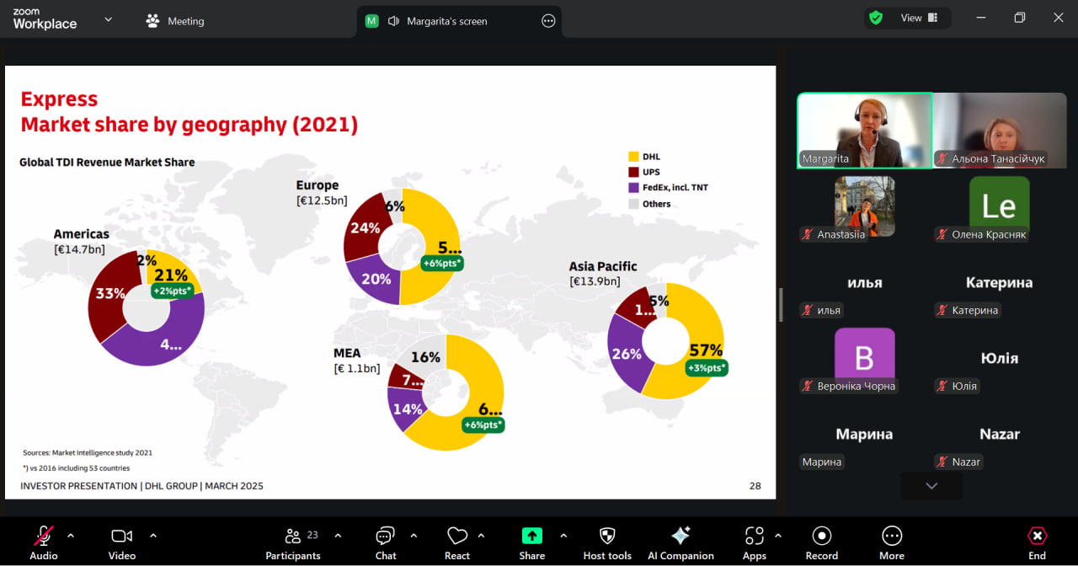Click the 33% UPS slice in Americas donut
pyautogui.click(x=109, y=295)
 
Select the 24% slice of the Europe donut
pyautogui.click(x=364, y=228)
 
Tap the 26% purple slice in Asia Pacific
pyautogui.click(x=627, y=354)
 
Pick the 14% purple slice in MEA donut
pyautogui.click(x=407, y=410)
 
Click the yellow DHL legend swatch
pyautogui.click(x=633, y=157)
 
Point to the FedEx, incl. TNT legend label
pyautogui.click(x=675, y=188)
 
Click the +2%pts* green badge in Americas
pyautogui.click(x=173, y=291)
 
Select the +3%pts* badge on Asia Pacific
pyautogui.click(x=706, y=368)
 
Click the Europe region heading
pyautogui.click(x=318, y=185)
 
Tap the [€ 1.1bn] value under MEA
pyautogui.click(x=356, y=369)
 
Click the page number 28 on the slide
pyautogui.click(x=755, y=486)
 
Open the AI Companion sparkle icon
pyautogui.click(x=680, y=536)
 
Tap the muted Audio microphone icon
pyautogui.click(x=44, y=536)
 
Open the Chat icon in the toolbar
pyautogui.click(x=386, y=536)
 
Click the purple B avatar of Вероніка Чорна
pyautogui.click(x=864, y=357)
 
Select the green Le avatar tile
pyautogui.click(x=999, y=206)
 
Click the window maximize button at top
pyautogui.click(x=1020, y=18)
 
